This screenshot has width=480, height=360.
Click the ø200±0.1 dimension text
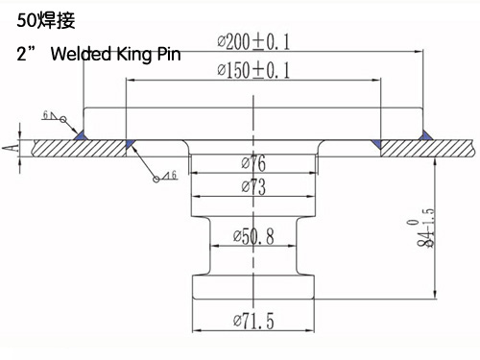(x=253, y=42)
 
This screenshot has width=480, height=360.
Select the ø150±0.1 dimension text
(x=253, y=70)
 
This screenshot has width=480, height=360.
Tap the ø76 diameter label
(x=253, y=163)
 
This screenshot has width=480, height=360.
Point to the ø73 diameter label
(x=253, y=187)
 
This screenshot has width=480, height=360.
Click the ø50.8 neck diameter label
(x=253, y=237)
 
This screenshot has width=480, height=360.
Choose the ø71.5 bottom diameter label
(x=253, y=321)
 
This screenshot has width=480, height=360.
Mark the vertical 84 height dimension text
(x=425, y=228)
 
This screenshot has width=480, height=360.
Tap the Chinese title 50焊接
(x=46, y=21)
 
